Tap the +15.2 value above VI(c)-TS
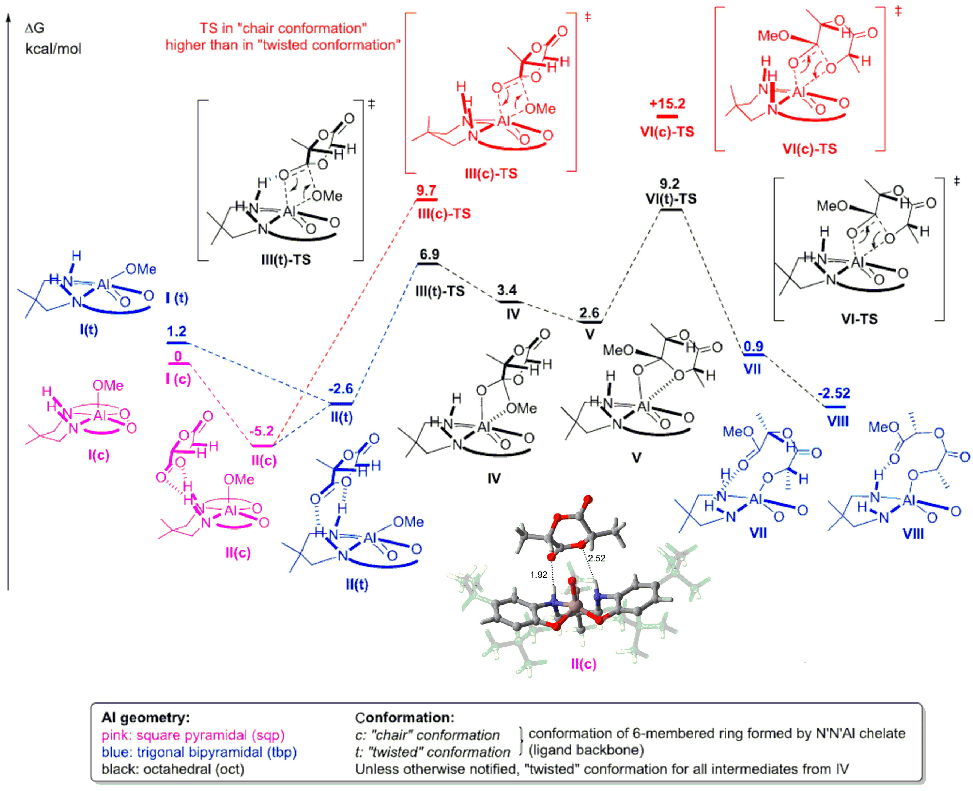(667, 104)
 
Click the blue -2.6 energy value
(341, 389)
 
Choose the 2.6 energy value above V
(589, 313)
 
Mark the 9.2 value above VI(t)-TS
(669, 184)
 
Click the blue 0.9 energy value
(753, 346)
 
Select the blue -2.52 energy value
(834, 393)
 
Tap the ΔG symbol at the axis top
(35, 28)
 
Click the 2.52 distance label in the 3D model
(597, 558)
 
